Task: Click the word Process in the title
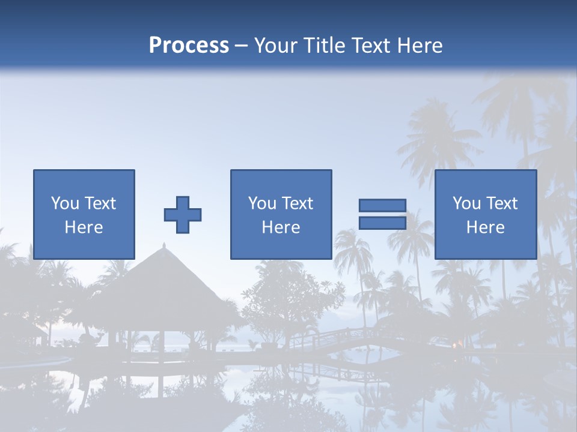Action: click(x=189, y=45)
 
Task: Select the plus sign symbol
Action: click(x=183, y=215)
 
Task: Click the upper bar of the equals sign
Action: click(x=382, y=206)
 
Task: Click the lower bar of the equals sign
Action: click(x=382, y=223)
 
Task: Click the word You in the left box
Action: click(x=65, y=203)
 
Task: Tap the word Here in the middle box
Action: click(x=281, y=227)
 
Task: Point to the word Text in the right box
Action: click(x=502, y=203)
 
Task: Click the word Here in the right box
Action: click(x=486, y=227)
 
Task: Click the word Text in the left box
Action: click(x=100, y=203)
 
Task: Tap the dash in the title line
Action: click(x=242, y=45)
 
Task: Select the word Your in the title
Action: click(x=276, y=45)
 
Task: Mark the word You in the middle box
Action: click(x=262, y=203)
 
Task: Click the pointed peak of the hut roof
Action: click(x=163, y=245)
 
